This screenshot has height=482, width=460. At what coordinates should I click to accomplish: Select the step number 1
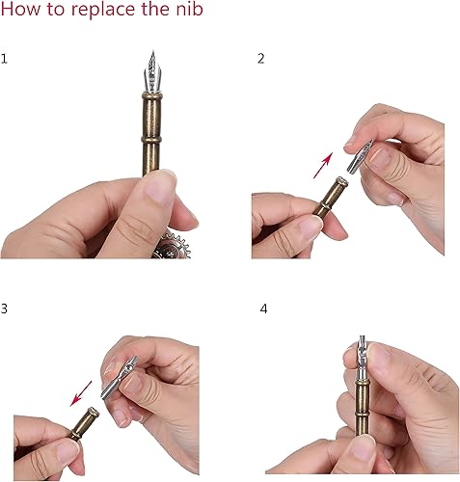click(5, 59)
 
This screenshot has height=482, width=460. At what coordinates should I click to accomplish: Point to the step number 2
click(260, 59)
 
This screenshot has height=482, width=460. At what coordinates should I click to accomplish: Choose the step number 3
click(5, 309)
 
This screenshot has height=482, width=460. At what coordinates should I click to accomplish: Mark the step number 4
click(263, 309)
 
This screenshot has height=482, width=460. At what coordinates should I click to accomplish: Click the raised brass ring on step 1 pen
click(151, 147)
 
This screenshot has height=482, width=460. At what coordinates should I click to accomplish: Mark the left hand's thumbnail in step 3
click(66, 450)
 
